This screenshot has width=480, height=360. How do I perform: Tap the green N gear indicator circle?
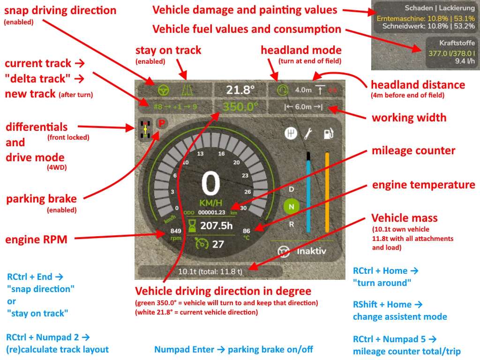tap(291, 206)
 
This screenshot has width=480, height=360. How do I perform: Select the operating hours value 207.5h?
tap(217, 225)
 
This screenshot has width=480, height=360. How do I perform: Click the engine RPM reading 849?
tap(176, 231)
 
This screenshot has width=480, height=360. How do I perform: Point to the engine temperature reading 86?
tap(247, 231)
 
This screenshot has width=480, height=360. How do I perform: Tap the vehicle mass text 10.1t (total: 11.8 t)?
tap(210, 271)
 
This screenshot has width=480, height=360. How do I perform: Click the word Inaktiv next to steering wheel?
tap(312, 251)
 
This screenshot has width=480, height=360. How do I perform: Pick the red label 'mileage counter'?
tap(413, 151)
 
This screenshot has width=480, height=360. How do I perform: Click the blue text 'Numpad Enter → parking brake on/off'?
tap(233, 349)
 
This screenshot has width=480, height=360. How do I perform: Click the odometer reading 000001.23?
tap(212, 212)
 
